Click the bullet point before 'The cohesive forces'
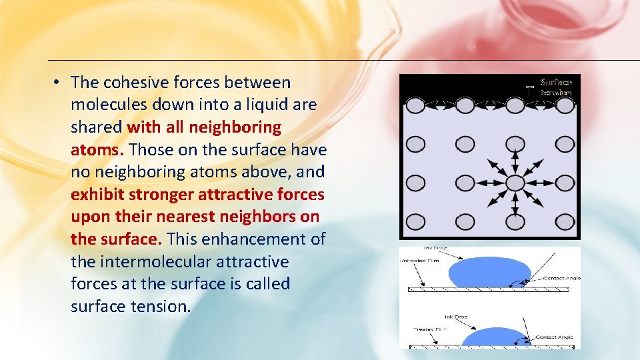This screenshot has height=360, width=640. point(58,83)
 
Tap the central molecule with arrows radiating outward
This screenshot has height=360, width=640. point(515,183)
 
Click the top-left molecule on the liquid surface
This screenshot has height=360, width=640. point(415,105)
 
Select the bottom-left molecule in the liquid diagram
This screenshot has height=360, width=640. point(415,221)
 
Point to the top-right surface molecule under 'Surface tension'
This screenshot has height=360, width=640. point(565,105)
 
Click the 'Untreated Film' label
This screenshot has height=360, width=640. point(419,260)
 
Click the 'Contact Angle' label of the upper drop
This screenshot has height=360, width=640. point(561,277)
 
